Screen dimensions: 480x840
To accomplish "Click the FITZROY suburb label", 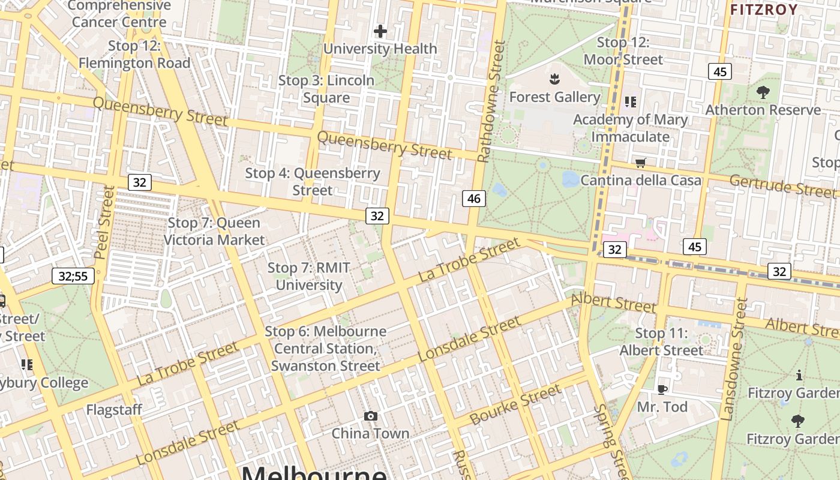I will [764, 10].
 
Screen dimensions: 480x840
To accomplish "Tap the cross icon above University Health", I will [380, 31].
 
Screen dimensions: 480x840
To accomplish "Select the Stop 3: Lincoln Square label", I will [326, 89].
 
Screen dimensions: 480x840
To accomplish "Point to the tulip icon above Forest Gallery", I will [554, 79].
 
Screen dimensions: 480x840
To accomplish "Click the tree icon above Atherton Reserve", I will [763, 92].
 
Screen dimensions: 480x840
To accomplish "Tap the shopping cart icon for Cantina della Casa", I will [641, 163].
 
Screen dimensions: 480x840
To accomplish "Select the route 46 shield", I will [474, 198].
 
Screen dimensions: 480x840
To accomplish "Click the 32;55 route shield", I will [73, 276].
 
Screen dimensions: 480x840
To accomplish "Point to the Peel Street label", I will [105, 222].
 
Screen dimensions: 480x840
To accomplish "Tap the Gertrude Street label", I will [782, 186].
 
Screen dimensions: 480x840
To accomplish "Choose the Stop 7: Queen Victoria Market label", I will [214, 232].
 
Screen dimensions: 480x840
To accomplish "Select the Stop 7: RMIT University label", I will [308, 276].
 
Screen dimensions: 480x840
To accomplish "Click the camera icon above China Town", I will [371, 416].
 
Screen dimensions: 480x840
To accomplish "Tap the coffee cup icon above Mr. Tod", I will [662, 389].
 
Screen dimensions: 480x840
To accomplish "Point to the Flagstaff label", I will [114, 410].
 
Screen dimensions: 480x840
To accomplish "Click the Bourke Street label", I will [515, 405].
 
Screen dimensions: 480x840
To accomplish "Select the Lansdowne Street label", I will [733, 360].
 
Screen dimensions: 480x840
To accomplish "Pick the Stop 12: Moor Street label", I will [623, 51].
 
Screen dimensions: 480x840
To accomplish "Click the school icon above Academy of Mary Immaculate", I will [630, 102].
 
